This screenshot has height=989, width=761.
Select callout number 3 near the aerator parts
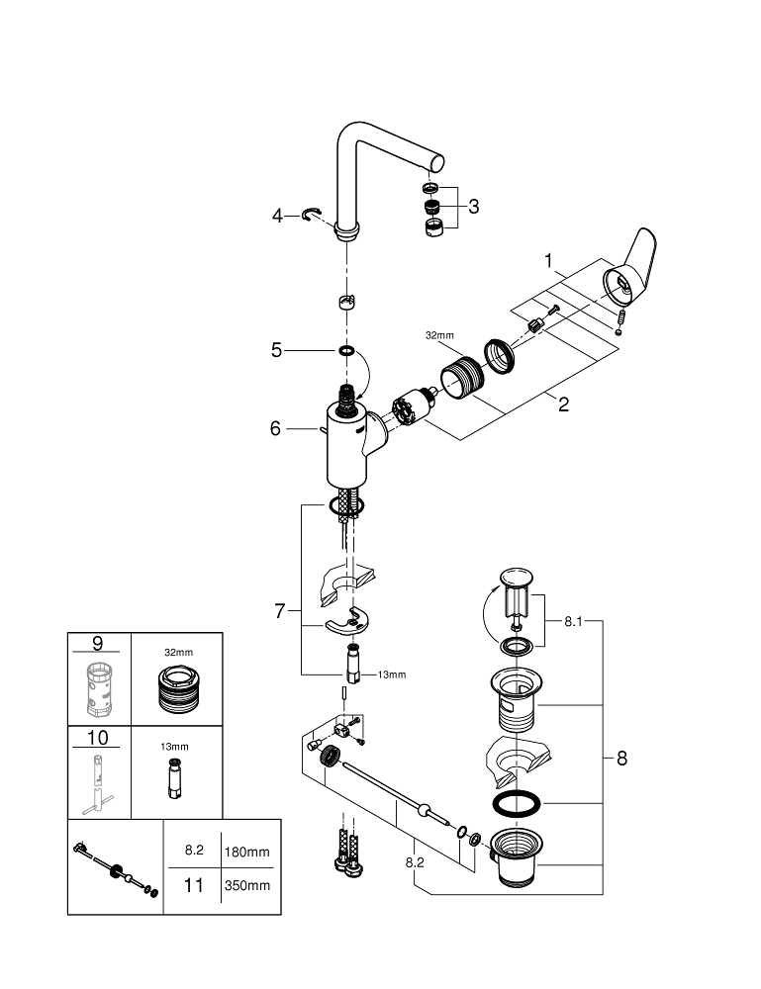point(474,207)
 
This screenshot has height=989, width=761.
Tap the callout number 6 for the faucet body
point(276,428)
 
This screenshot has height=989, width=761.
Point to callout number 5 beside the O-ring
point(277,349)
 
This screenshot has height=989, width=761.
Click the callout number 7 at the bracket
point(279,612)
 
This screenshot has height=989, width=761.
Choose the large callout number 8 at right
point(621,759)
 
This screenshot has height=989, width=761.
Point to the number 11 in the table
point(195,885)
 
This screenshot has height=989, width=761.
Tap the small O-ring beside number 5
point(347,350)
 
